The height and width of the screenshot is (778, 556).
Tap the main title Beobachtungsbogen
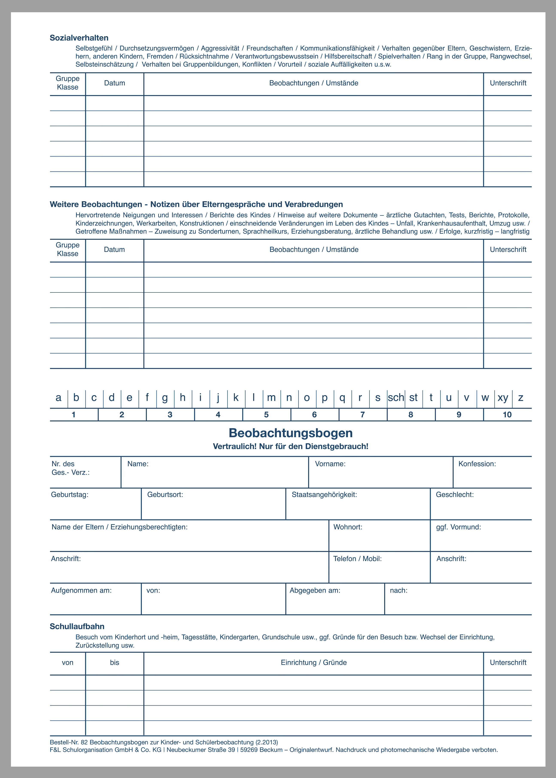pyautogui.click(x=291, y=433)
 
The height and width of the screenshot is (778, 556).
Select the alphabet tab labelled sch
pyautogui.click(x=396, y=398)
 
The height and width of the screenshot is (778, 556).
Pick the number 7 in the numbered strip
pyautogui.click(x=363, y=415)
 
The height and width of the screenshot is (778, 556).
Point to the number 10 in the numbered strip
pyautogui.click(x=507, y=415)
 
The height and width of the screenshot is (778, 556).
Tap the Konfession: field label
pyautogui.click(x=477, y=464)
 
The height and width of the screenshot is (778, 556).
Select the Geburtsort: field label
pyautogui.click(x=165, y=495)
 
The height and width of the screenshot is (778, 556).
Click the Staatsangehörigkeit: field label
pyautogui.click(x=324, y=495)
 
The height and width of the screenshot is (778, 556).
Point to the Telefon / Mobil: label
pyautogui.click(x=357, y=559)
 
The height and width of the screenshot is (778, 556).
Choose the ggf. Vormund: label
pyautogui.click(x=458, y=527)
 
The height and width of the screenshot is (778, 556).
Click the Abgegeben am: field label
pyautogui.click(x=315, y=590)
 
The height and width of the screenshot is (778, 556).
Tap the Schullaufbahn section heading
pyautogui.click(x=77, y=627)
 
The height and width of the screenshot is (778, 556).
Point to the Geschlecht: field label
pyautogui.click(x=455, y=495)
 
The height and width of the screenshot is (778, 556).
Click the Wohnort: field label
pyautogui.click(x=348, y=527)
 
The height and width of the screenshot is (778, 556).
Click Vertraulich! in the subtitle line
pyautogui.click(x=234, y=447)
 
